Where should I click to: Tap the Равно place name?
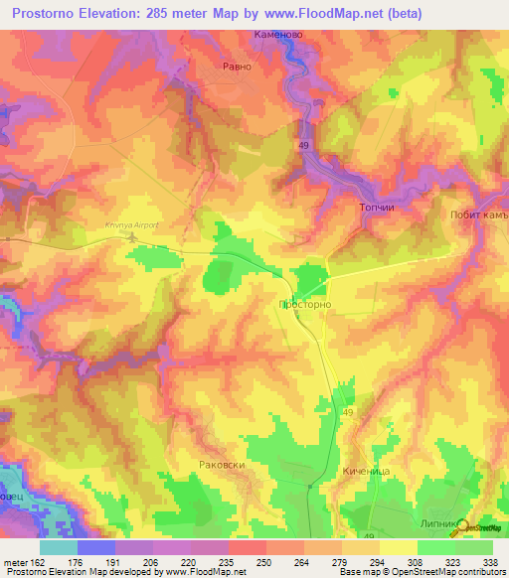236,69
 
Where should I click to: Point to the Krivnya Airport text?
131,225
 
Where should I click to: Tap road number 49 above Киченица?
348,412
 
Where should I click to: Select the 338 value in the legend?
491,561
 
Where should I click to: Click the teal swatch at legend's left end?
59,547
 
